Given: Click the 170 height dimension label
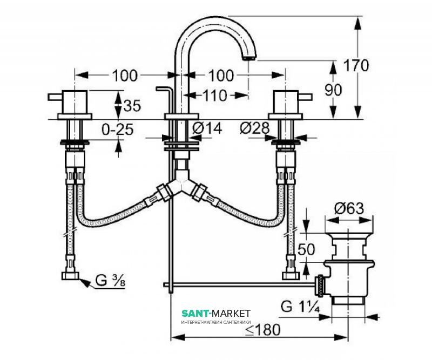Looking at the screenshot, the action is click(x=356, y=65).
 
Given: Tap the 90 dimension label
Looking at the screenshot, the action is click(x=333, y=90).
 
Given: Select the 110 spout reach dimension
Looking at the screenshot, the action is click(x=215, y=96).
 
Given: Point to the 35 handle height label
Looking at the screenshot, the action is click(x=132, y=105).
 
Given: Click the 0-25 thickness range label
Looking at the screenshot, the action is click(x=118, y=129).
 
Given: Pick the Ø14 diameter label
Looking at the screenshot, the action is click(x=207, y=128).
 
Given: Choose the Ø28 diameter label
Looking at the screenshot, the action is click(x=255, y=128).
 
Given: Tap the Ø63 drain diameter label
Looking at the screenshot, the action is click(x=349, y=208).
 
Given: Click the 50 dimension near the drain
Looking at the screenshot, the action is click(x=306, y=249).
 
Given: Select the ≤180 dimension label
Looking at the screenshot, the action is click(x=263, y=330).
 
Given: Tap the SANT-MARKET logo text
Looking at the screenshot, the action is click(x=216, y=313).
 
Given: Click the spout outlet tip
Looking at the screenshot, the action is click(x=249, y=58).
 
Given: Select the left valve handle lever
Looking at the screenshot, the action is click(x=56, y=97).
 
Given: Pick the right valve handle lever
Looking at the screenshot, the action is click(x=305, y=97).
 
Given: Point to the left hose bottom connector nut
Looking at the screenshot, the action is click(x=70, y=276).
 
